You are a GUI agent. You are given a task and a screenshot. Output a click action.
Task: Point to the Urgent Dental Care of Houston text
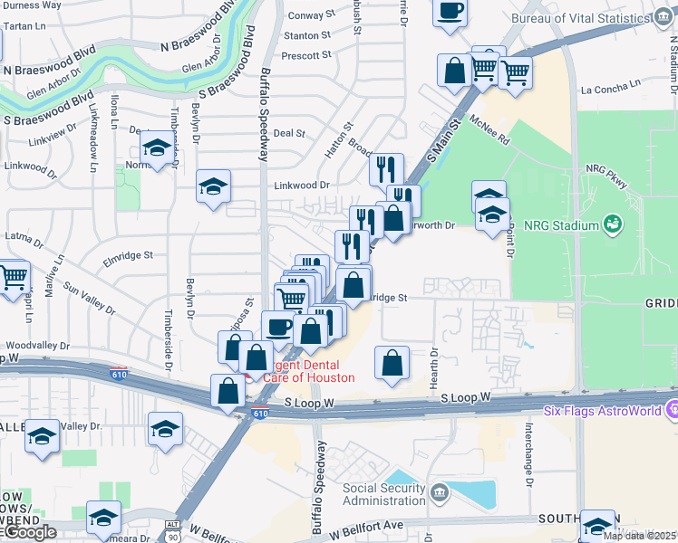pyautogui.click(x=305, y=371)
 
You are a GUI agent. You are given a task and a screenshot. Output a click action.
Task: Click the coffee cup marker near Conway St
pyautogui.click(x=450, y=13)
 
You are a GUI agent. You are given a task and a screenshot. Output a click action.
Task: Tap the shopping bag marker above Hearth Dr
pyautogui.click(x=392, y=363)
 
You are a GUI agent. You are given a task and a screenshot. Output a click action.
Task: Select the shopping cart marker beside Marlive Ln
pyautogui.click(x=13, y=278)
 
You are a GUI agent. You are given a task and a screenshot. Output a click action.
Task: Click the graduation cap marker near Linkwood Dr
pyautogui.click(x=213, y=187)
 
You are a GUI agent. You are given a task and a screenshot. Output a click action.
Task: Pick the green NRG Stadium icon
pyautogui.click(x=614, y=224)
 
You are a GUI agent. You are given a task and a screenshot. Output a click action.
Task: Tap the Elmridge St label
pyautogui.click(x=128, y=256)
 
